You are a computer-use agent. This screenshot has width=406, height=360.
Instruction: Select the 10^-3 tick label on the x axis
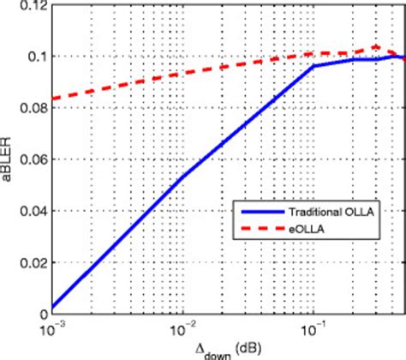52,329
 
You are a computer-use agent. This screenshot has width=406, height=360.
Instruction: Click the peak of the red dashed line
376,47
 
